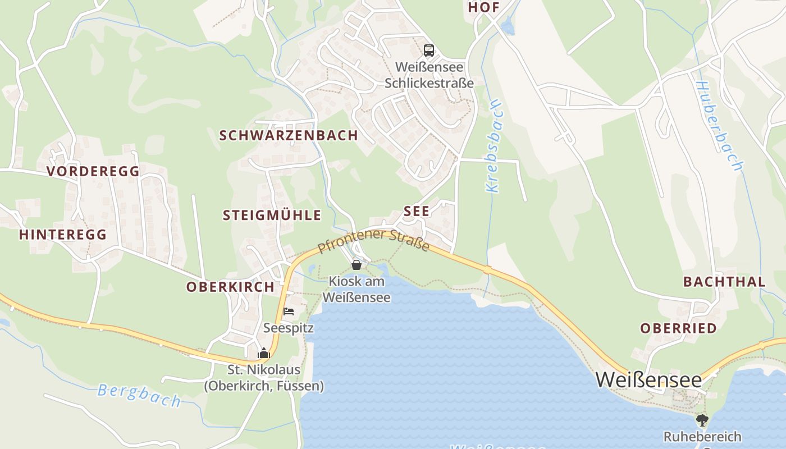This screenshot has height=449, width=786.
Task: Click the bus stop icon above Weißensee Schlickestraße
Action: [x=429, y=51]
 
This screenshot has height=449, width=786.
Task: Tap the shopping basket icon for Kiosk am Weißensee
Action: [x=357, y=264]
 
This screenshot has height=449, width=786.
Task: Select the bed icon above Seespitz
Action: [x=289, y=311]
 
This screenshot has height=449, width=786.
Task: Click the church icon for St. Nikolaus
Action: [x=264, y=353]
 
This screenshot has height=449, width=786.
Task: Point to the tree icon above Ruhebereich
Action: [x=702, y=420]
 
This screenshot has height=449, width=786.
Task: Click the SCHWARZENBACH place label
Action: [x=289, y=135]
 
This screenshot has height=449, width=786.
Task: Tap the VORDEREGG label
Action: [x=93, y=172]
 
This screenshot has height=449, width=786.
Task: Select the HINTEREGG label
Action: [x=63, y=235]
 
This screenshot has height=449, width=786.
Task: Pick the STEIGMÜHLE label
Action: [x=272, y=215]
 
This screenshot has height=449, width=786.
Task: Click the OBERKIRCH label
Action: [x=230, y=287]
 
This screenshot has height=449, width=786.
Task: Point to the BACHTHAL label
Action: [x=724, y=282]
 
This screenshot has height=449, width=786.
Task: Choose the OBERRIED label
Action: [x=679, y=328]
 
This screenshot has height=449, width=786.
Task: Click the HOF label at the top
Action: [x=483, y=7]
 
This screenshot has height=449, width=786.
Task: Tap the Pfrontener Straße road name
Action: [x=373, y=241]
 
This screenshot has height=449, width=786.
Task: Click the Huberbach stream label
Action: [x=719, y=126]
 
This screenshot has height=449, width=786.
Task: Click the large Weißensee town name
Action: [x=648, y=380]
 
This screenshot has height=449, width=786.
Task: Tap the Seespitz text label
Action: [x=289, y=328]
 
